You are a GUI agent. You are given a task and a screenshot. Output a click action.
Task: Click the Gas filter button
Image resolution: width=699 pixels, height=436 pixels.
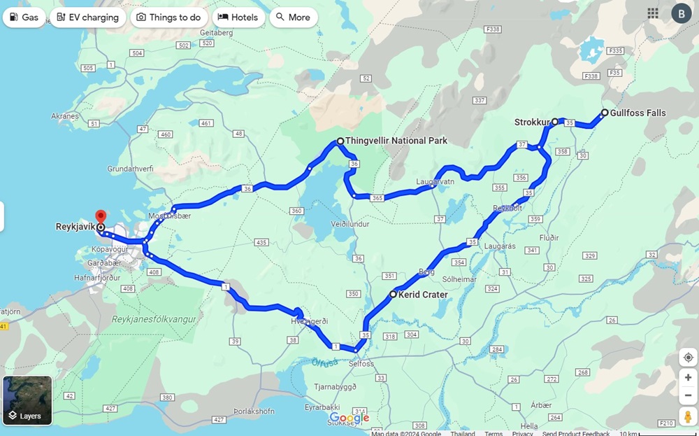(x=24, y=17)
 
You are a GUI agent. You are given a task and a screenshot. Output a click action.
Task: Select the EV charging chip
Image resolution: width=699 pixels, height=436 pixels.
(x=88, y=17)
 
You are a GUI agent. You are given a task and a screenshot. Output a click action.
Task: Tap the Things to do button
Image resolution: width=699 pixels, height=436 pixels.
(x=168, y=17)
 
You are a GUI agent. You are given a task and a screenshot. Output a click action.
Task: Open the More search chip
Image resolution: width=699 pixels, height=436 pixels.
(x=293, y=17)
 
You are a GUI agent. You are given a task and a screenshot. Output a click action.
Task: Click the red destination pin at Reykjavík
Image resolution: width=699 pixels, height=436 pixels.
(x=101, y=216)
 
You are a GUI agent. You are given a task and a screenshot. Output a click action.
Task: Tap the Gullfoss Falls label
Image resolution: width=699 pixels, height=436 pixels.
(x=637, y=113)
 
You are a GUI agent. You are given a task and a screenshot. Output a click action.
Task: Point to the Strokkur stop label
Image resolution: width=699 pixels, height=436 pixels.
(x=532, y=122)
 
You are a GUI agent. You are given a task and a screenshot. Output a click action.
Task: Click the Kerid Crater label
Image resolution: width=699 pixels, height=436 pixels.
(x=422, y=295)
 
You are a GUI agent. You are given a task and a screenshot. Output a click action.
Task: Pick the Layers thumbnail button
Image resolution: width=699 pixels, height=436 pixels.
(x=27, y=401)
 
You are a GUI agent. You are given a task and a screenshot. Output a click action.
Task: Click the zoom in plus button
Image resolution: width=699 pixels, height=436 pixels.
(x=688, y=378)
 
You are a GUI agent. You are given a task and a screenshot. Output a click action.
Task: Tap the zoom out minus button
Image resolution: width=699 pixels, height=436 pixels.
(x=688, y=395)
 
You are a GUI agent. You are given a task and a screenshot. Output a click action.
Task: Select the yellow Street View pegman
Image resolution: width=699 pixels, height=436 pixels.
(x=688, y=417)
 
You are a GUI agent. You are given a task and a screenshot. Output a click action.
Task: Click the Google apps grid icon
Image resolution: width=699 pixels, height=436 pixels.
(x=653, y=13)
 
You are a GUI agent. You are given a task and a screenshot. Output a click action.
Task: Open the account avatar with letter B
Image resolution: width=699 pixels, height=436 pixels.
(x=681, y=13)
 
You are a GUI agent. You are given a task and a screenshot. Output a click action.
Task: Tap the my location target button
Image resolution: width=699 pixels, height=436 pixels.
(x=688, y=358)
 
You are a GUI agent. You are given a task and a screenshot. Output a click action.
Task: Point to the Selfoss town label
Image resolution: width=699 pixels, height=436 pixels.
(x=361, y=364)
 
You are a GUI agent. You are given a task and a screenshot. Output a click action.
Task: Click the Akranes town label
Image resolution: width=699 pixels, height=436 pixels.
(x=65, y=116)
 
